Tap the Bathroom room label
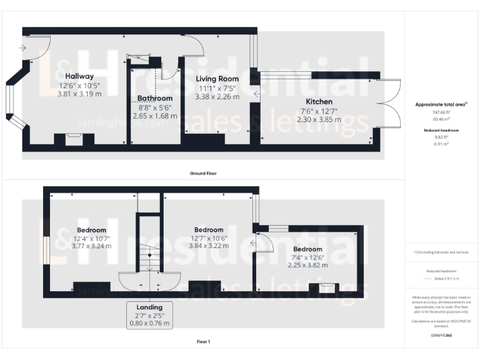[x=155, y=98]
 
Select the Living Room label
[x=218, y=79]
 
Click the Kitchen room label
[x=319, y=101]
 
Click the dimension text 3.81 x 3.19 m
[x=79, y=94]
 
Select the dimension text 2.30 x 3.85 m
[x=319, y=119]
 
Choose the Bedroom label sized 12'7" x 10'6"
[x=209, y=229]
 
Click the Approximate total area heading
[x=441, y=104]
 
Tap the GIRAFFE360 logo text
[x=441, y=336]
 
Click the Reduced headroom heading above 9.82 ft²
[x=441, y=130]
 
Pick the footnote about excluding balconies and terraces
[x=441, y=252]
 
